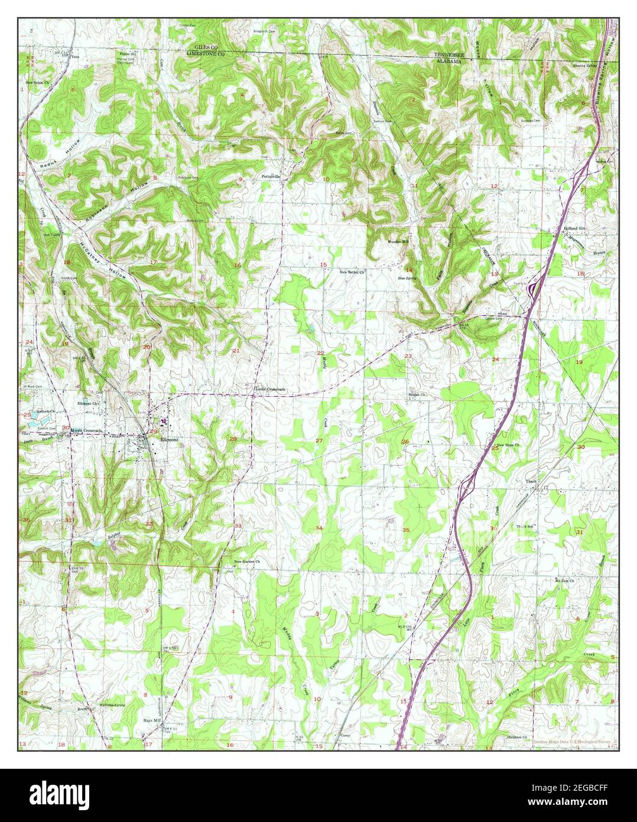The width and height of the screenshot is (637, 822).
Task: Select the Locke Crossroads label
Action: (269, 389)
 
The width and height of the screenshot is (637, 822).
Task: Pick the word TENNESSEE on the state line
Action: (446, 54)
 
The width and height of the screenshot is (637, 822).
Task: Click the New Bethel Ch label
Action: (353, 272)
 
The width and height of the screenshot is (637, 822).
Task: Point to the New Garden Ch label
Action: (247, 561)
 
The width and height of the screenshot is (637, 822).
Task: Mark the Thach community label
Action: (530, 481)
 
